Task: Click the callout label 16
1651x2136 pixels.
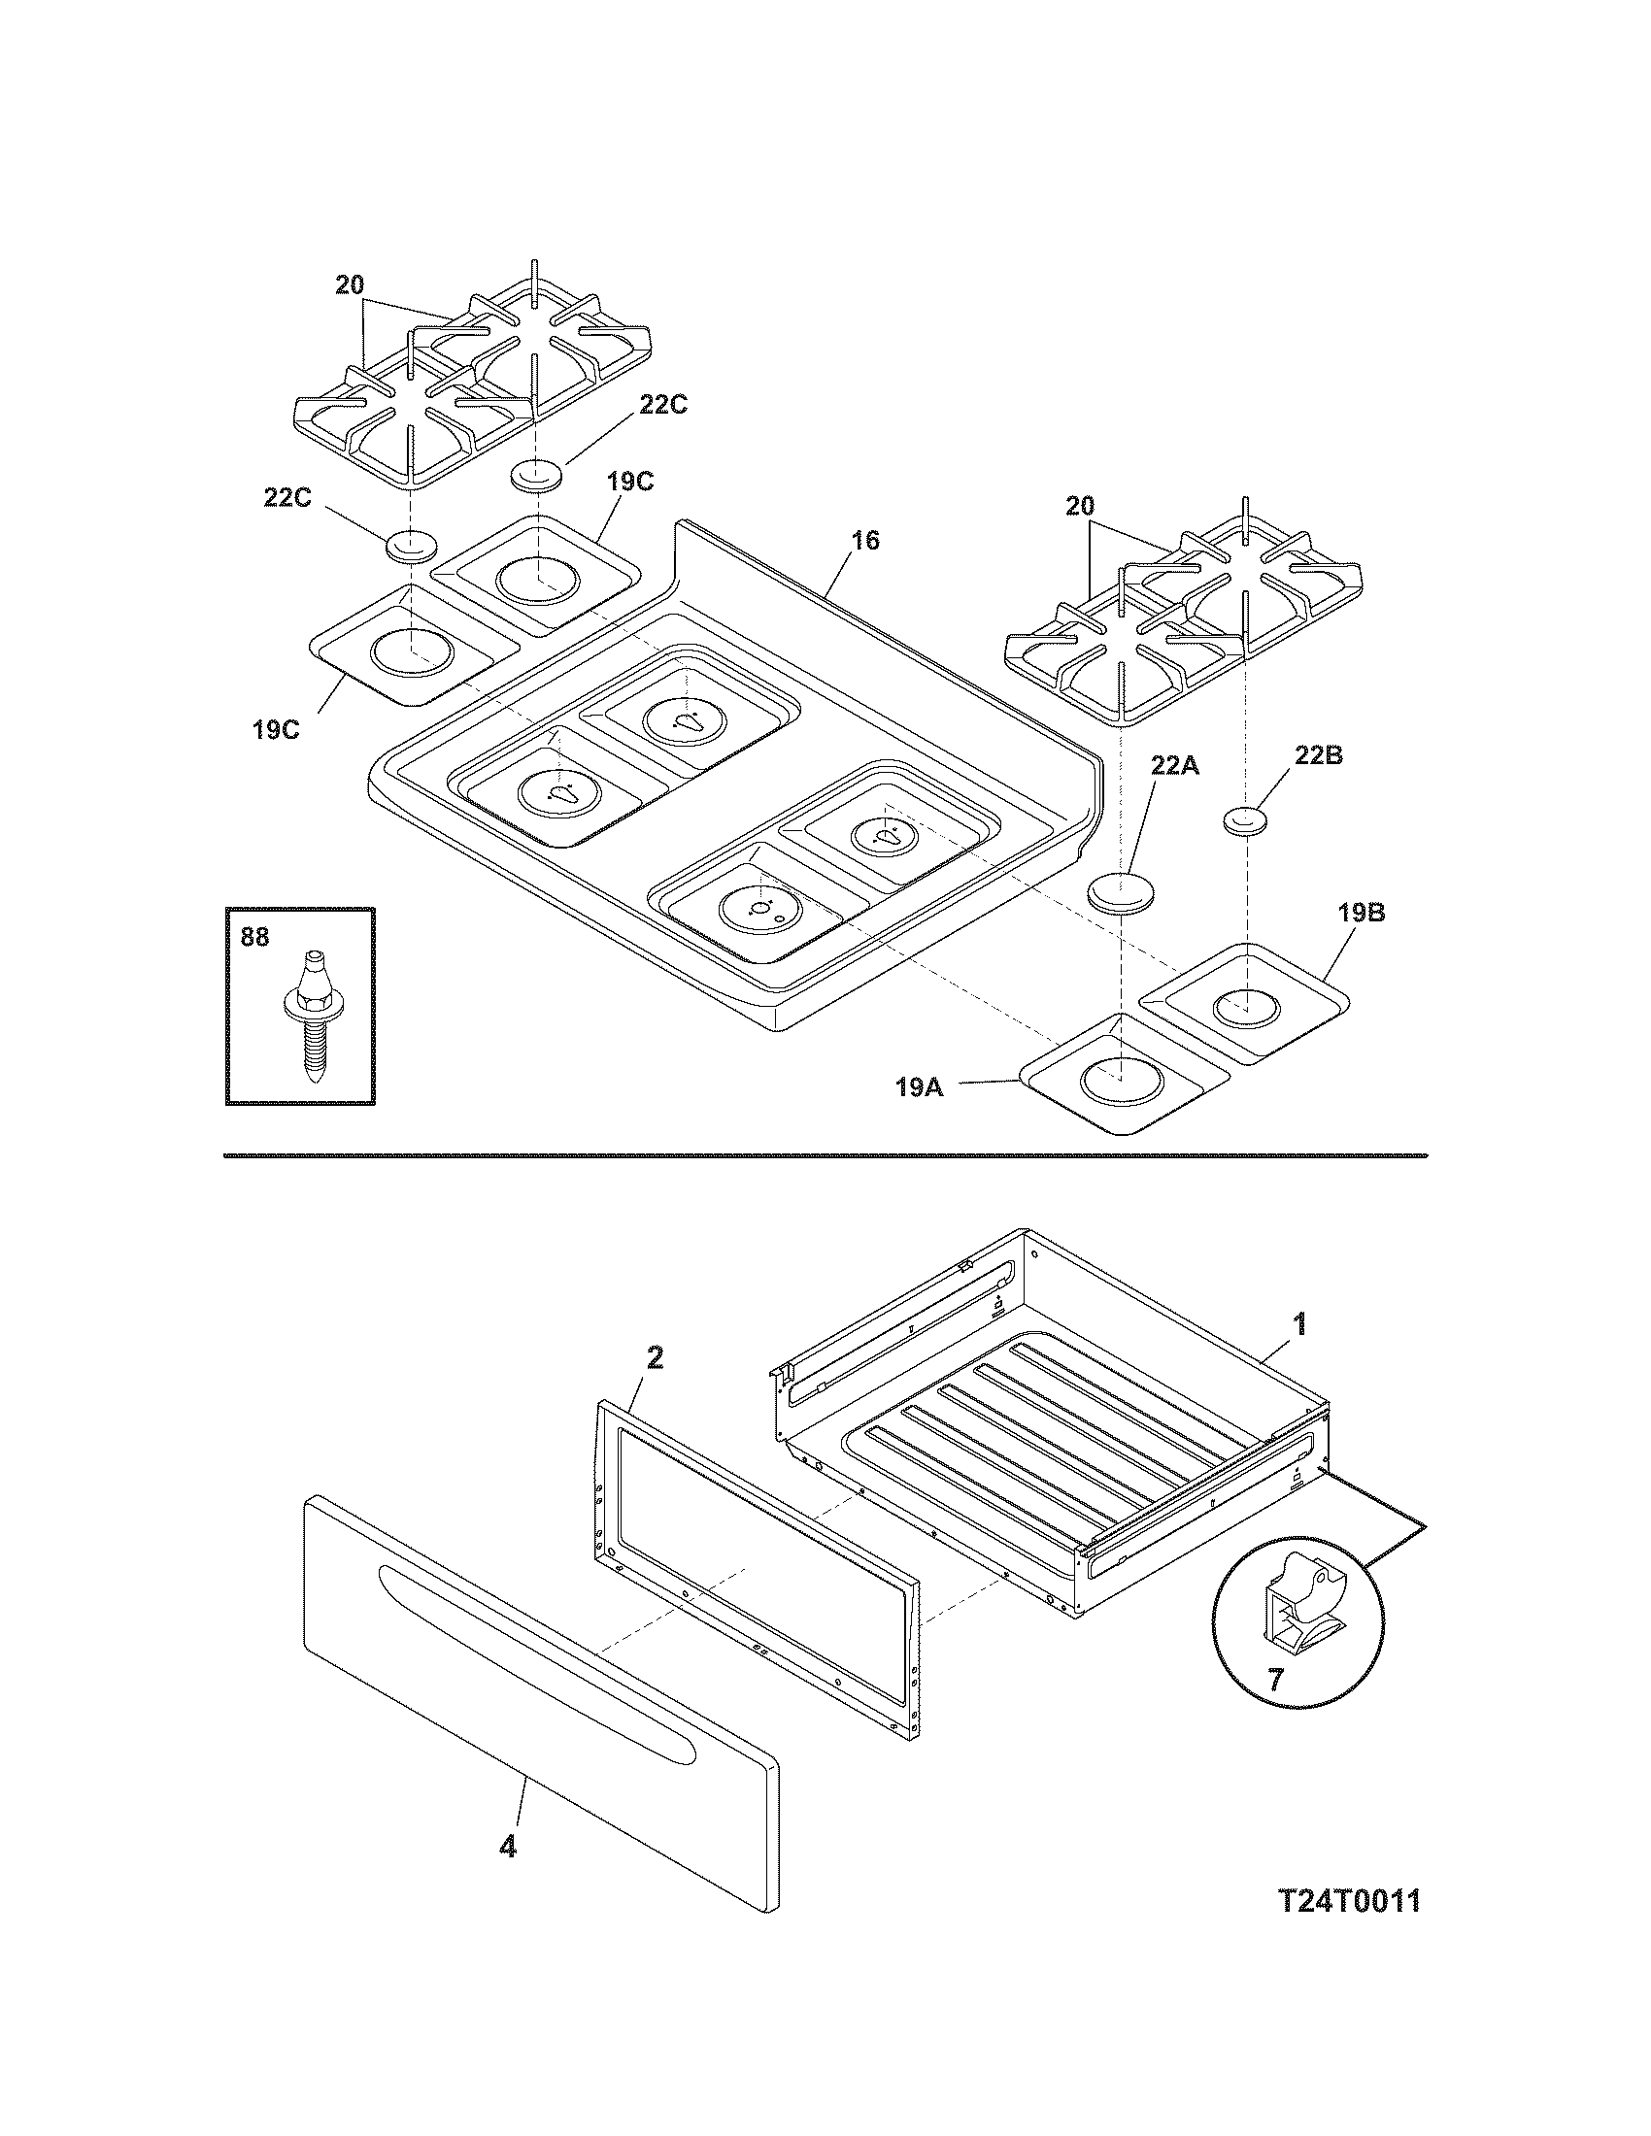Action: (864, 541)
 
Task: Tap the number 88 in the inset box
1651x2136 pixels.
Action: (254, 936)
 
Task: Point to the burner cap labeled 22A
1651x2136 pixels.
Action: (1122, 893)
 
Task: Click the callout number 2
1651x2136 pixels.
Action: (655, 1356)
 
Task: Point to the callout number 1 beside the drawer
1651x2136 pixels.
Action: (1298, 1325)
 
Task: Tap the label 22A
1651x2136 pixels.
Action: (1174, 766)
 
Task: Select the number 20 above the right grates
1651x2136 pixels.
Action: (1080, 507)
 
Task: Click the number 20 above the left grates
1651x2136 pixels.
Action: (350, 285)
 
